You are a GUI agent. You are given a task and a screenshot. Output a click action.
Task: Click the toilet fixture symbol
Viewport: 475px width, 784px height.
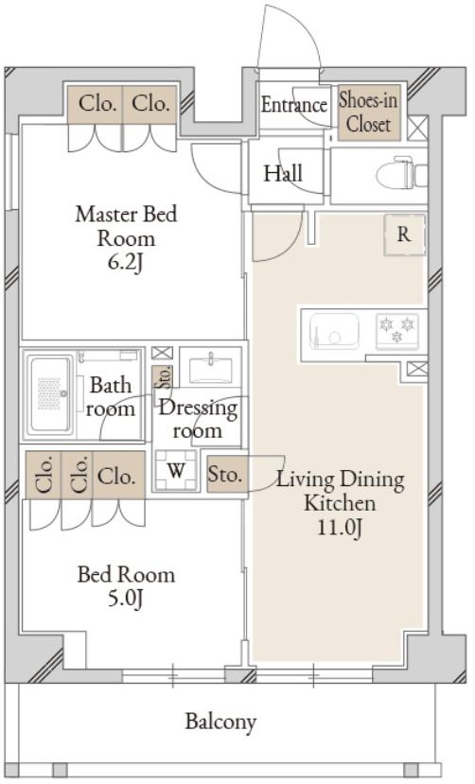pyautogui.click(x=401, y=173)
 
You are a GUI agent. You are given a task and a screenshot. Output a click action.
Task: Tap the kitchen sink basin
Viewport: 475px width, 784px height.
pyautogui.click(x=334, y=331)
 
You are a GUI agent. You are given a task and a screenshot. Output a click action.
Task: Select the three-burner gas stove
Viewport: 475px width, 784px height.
pyautogui.click(x=397, y=330)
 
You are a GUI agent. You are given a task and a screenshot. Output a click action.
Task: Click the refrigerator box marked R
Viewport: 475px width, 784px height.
pyautogui.click(x=404, y=235)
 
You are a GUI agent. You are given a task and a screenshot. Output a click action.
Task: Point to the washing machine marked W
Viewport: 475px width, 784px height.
pyautogui.click(x=175, y=470)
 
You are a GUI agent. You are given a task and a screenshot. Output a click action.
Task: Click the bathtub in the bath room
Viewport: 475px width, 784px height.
pyautogui.click(x=49, y=394)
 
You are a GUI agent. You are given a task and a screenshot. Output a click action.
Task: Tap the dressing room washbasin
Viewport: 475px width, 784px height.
pyautogui.click(x=210, y=367)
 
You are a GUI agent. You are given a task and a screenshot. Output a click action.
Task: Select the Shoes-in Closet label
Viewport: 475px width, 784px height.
pyautogui.click(x=368, y=113)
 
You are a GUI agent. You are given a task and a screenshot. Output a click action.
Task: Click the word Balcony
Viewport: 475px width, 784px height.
pyautogui.click(x=221, y=722)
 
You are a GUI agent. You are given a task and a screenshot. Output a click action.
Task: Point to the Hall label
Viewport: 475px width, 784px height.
pyautogui.click(x=283, y=173)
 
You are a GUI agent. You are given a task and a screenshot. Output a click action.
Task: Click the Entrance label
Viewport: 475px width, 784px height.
pyautogui.click(x=294, y=105)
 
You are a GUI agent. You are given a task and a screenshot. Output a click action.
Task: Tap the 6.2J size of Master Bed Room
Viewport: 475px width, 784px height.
pyautogui.click(x=126, y=263)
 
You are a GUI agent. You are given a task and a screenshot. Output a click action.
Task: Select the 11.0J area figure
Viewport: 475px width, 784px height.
pyautogui.click(x=340, y=528)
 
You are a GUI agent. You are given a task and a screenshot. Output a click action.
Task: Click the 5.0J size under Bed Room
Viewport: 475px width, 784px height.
pyautogui.click(x=126, y=598)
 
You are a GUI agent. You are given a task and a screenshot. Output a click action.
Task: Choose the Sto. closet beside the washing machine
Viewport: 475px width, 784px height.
pyautogui.click(x=227, y=474)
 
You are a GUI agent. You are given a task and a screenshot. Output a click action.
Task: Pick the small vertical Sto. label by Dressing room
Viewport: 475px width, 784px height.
pyautogui.click(x=164, y=377)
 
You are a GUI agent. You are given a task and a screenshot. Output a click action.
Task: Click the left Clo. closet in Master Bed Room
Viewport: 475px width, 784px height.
pyautogui.click(x=96, y=104)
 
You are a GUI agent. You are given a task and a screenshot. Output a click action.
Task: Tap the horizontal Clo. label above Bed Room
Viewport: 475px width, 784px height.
pyautogui.click(x=116, y=477)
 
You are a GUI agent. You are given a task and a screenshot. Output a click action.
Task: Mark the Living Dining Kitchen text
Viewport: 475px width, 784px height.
pyautogui.click(x=341, y=491)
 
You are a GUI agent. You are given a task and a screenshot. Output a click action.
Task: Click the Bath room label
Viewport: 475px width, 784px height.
pyautogui.click(x=110, y=397)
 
